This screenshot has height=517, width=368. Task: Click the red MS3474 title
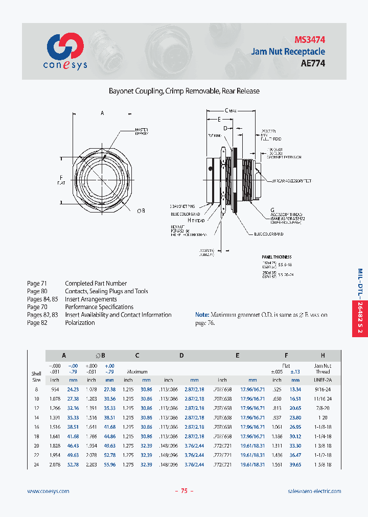click(x=310, y=39)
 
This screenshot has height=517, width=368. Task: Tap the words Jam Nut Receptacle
click(x=288, y=51)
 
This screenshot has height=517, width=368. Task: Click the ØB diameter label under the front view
click(x=141, y=210)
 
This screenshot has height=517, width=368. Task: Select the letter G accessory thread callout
click(x=272, y=209)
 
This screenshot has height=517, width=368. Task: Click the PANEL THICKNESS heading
click(x=276, y=257)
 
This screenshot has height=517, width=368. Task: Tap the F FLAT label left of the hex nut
click(x=61, y=180)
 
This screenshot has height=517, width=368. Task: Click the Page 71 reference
click(x=37, y=284)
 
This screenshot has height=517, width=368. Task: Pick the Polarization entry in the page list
click(x=80, y=323)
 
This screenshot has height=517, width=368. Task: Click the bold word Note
click(x=202, y=315)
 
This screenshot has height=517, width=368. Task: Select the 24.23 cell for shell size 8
click(x=73, y=389)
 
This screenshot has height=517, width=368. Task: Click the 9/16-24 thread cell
click(x=323, y=389)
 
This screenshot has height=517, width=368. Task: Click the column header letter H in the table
click(x=323, y=355)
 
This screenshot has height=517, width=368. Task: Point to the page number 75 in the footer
click(x=184, y=491)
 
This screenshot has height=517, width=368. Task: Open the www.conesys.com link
click(x=48, y=491)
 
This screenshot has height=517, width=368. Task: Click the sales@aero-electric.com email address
click(x=314, y=491)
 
